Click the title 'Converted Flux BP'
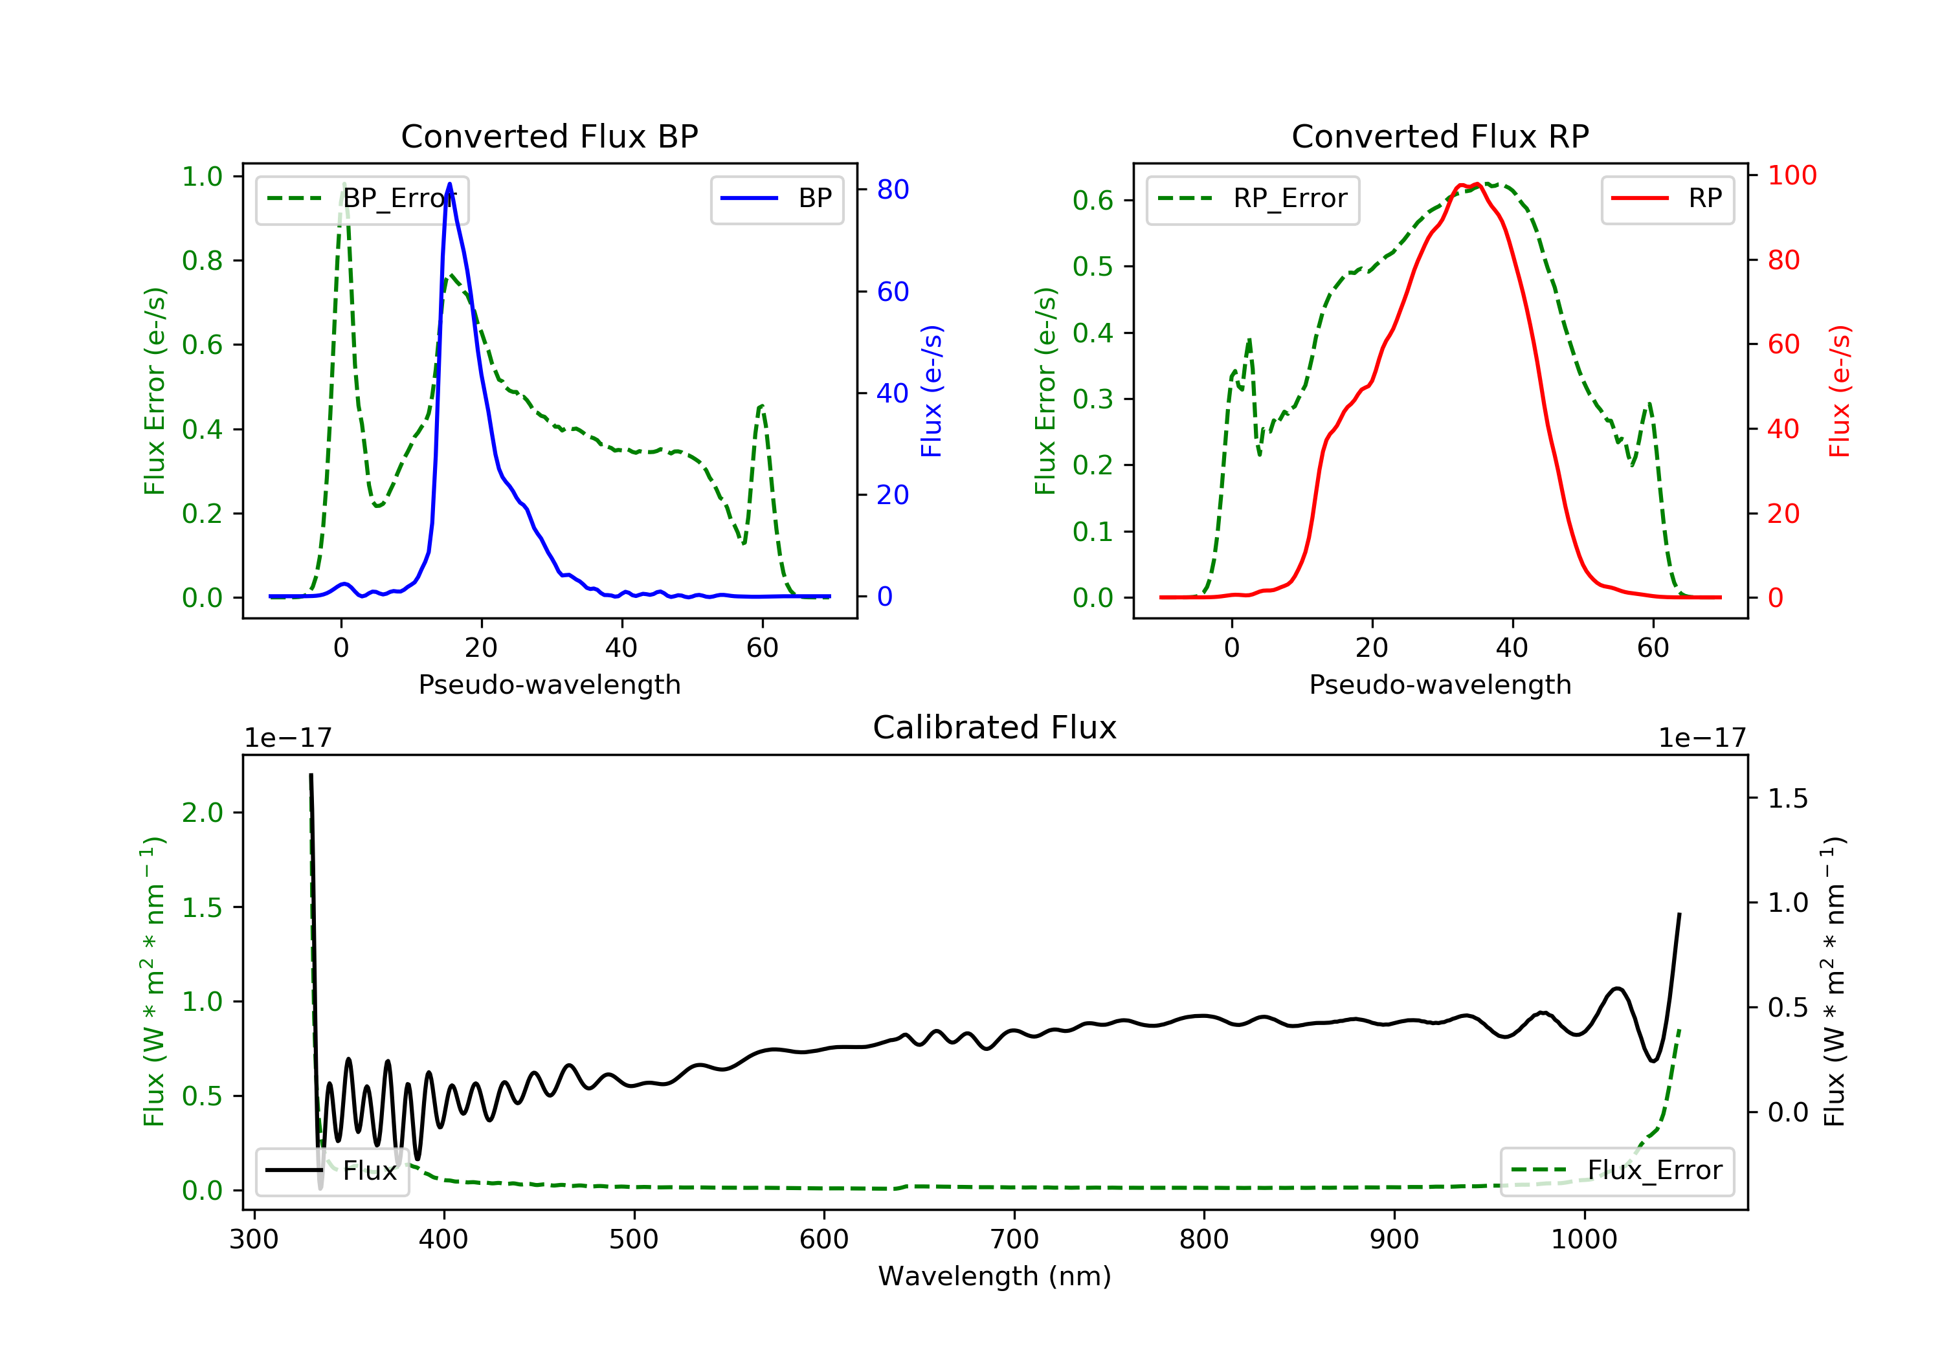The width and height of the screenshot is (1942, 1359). click(549, 136)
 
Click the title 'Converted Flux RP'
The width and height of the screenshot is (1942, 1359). click(1440, 136)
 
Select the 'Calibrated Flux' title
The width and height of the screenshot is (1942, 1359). click(995, 727)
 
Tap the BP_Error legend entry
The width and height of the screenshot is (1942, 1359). click(362, 199)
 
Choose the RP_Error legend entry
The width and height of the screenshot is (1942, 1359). click(1253, 199)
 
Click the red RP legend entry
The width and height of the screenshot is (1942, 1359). click(1667, 199)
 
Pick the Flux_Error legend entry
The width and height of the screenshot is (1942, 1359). click(1616, 1171)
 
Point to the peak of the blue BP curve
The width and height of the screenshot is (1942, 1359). click(449, 184)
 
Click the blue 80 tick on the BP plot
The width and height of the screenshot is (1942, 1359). click(892, 190)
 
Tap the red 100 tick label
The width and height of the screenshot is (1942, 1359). click(1791, 175)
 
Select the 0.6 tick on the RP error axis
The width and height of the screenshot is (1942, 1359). click(1093, 201)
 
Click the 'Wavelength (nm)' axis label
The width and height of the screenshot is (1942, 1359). click(995, 1276)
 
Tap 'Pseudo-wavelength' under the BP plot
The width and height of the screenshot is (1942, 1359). click(550, 684)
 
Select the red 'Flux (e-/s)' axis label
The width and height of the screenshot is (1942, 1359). click(1840, 391)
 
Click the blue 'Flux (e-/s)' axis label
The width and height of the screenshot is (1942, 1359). click(932, 391)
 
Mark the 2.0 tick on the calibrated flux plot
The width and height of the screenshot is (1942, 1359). click(202, 813)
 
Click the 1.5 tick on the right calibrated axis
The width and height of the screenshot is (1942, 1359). click(1788, 799)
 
